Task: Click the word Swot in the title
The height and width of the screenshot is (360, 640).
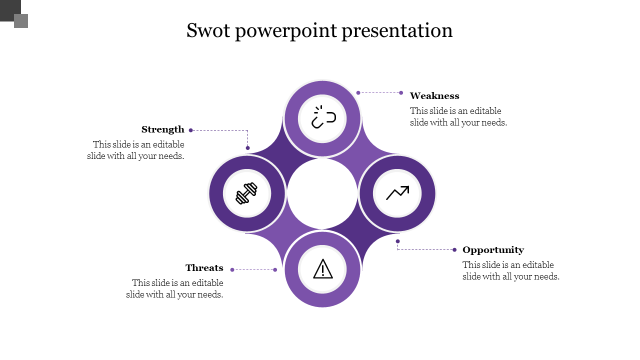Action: pos(208,30)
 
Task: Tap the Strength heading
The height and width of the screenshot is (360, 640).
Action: pos(163,129)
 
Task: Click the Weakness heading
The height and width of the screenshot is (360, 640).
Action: pos(434,95)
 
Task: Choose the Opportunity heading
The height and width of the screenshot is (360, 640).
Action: pos(493,250)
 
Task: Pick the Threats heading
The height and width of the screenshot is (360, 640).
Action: pos(204,268)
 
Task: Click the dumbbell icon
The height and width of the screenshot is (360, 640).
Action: pos(246,193)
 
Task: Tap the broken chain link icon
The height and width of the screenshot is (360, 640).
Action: pos(323,117)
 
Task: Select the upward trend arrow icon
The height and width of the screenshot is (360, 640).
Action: pos(397,193)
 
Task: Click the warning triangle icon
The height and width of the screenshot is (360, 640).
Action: pos(323,268)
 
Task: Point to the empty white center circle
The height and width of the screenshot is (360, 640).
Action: pos(322,193)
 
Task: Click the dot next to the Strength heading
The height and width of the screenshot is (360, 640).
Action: pos(191,130)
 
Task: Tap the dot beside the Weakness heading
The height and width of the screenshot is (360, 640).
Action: pos(401,93)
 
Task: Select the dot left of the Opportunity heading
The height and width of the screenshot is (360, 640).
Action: pos(454,250)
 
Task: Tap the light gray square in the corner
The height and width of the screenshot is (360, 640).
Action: pos(21,21)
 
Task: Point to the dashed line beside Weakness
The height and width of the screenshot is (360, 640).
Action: pos(379,93)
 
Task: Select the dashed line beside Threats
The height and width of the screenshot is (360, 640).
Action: pos(253,269)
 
